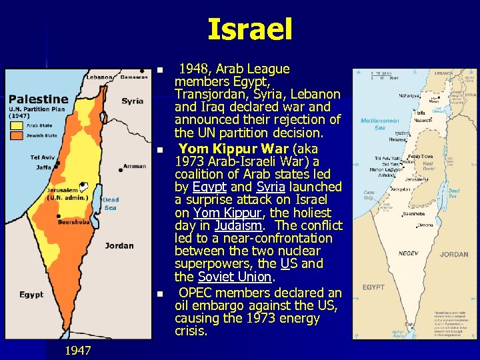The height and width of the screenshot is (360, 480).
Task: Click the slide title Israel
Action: pyautogui.click(x=250, y=29)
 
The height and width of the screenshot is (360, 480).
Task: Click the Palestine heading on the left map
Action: pyautogui.click(x=38, y=99)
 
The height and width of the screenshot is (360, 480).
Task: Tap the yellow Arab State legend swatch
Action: pyautogui.click(x=15, y=125)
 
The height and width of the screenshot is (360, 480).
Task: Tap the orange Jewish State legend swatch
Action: pyautogui.click(x=15, y=135)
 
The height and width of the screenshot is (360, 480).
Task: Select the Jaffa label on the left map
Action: pyautogui.click(x=44, y=167)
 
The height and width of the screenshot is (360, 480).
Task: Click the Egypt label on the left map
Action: pyautogui.click(x=31, y=294)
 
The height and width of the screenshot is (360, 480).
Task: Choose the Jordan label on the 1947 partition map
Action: pyautogui.click(x=119, y=245)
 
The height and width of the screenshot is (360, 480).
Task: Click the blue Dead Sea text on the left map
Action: pyautogui.click(x=111, y=203)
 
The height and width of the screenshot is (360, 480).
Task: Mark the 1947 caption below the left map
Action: pyautogui.click(x=79, y=351)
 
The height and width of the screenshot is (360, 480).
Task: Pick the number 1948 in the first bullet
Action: pyautogui.click(x=198, y=69)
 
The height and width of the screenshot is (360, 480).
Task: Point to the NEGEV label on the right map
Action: pyautogui.click(x=408, y=253)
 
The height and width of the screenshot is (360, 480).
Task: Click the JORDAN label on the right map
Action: pyautogui.click(x=454, y=254)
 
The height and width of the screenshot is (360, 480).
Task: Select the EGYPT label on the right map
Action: pyautogui.click(x=373, y=287)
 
